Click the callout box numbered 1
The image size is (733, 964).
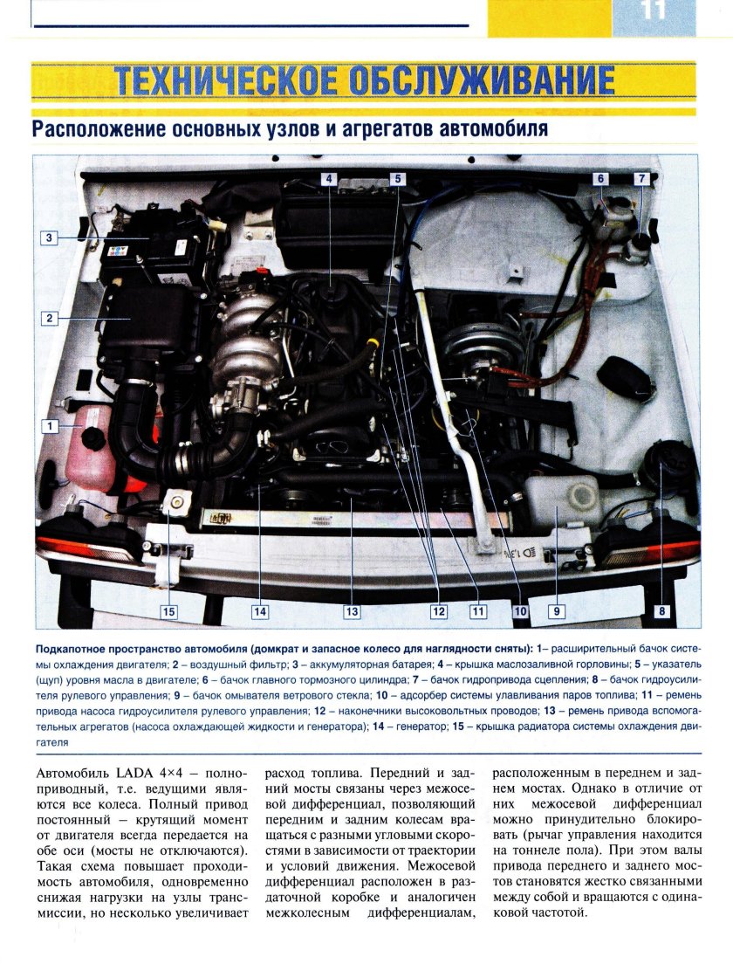pyautogui.click(x=51, y=426)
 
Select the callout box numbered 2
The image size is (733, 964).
pyautogui.click(x=51, y=319)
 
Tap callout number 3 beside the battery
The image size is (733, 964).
pyautogui.click(x=51, y=237)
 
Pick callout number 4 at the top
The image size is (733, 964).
pyautogui.click(x=329, y=179)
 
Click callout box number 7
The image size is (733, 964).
pyautogui.click(x=641, y=179)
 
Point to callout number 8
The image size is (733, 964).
pyautogui.click(x=661, y=611)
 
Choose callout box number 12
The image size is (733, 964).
pyautogui.click(x=438, y=611)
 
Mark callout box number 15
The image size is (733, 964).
pyautogui.click(x=168, y=611)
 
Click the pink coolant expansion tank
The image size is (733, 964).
pyautogui.click(x=90, y=454)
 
